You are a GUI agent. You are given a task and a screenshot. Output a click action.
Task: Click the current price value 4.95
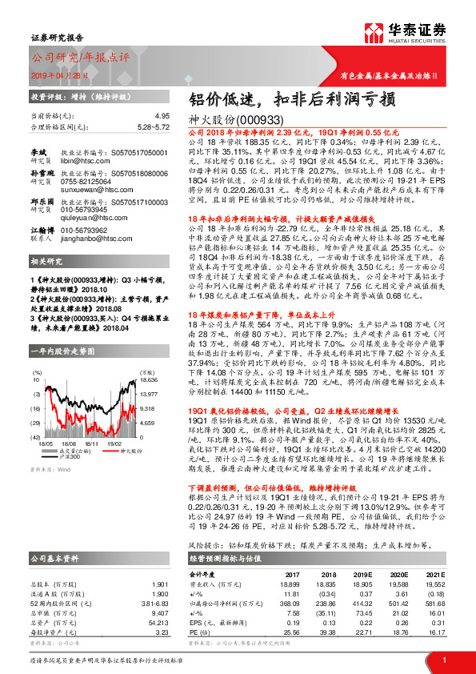pyautogui.click(x=162, y=116)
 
